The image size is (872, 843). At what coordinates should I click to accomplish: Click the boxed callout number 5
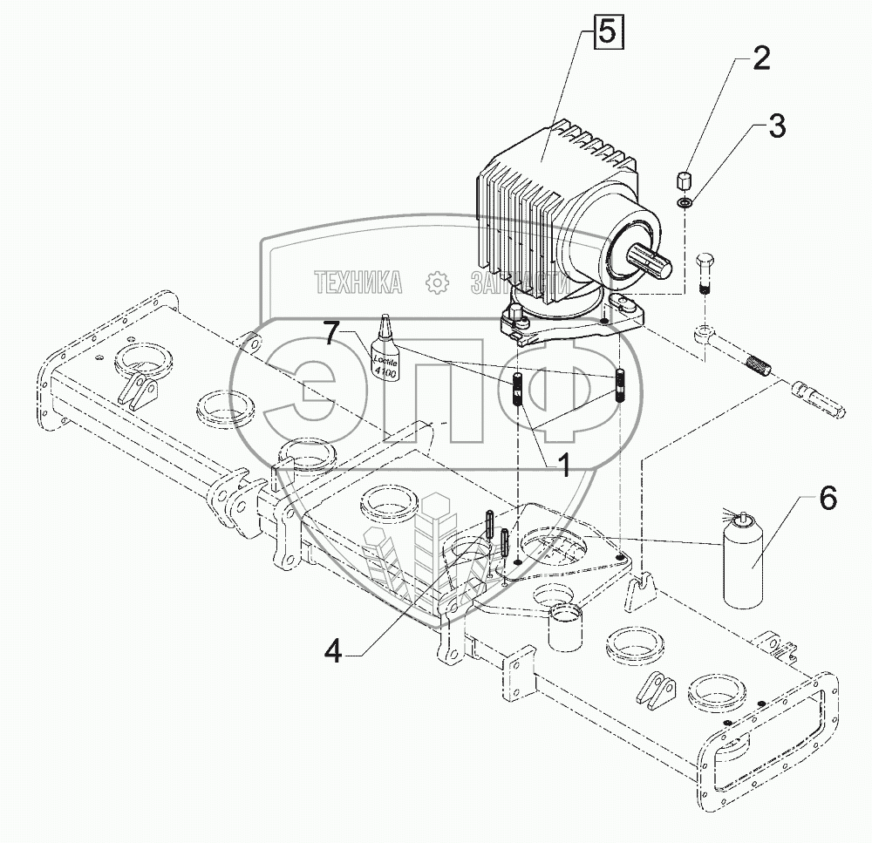coord(608,34)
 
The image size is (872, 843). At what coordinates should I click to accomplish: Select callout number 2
coord(761,58)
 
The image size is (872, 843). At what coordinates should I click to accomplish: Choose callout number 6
coord(827,500)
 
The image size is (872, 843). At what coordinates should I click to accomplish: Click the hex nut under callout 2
coord(685,182)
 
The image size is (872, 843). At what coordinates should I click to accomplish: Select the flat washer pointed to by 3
coord(685,203)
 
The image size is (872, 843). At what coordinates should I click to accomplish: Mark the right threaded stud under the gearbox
coord(623,386)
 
